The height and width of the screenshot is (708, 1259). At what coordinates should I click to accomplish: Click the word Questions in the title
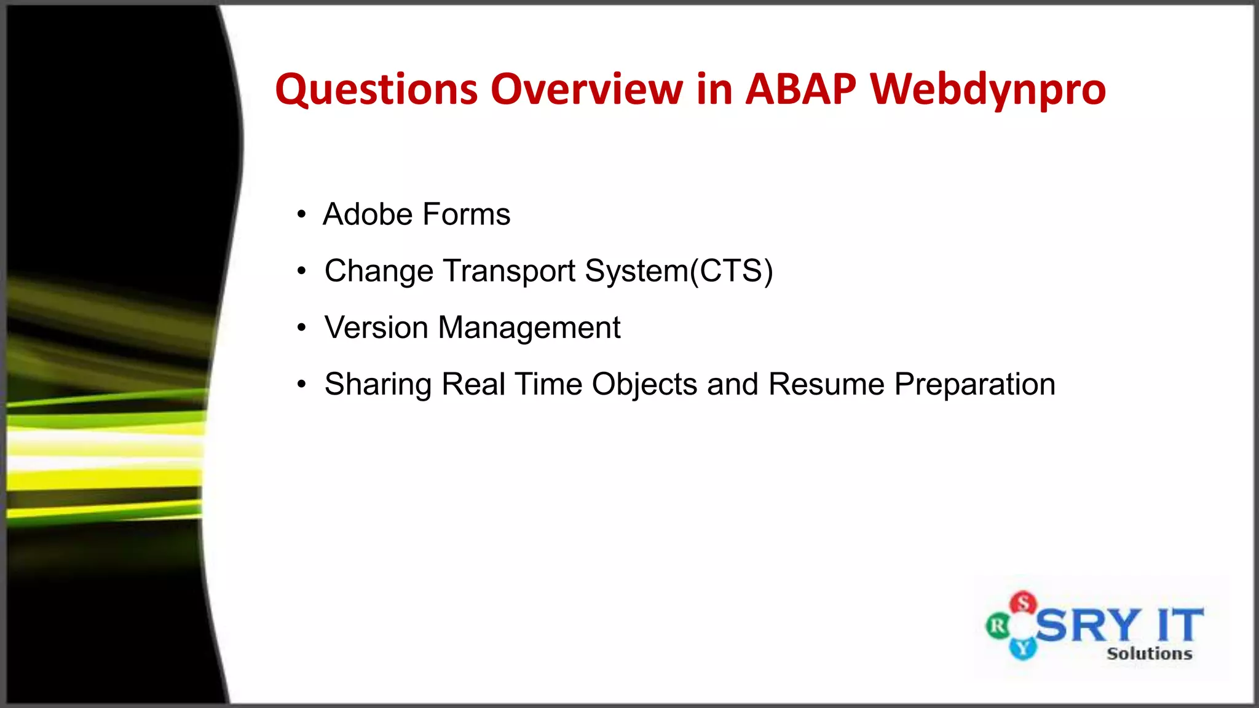click(376, 90)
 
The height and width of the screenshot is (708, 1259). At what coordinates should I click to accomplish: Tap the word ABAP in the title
click(800, 89)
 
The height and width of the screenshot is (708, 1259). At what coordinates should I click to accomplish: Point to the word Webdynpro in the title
click(988, 90)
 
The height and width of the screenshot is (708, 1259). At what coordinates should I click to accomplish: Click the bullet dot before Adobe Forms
click(301, 215)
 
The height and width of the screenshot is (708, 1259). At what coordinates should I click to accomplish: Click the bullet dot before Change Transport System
click(301, 272)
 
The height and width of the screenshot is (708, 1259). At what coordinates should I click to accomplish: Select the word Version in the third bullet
click(376, 328)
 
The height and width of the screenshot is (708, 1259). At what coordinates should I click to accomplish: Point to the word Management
click(529, 328)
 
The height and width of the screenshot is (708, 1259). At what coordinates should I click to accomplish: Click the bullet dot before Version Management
click(301, 328)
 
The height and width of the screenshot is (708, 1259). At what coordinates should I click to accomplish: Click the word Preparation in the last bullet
click(974, 385)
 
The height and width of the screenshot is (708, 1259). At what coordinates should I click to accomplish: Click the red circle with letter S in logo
click(1024, 603)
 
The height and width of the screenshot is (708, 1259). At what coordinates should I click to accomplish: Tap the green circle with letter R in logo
click(998, 627)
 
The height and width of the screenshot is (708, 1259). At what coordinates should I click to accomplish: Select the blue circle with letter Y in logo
click(1023, 648)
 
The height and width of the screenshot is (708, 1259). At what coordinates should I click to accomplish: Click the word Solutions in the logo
click(1149, 654)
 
